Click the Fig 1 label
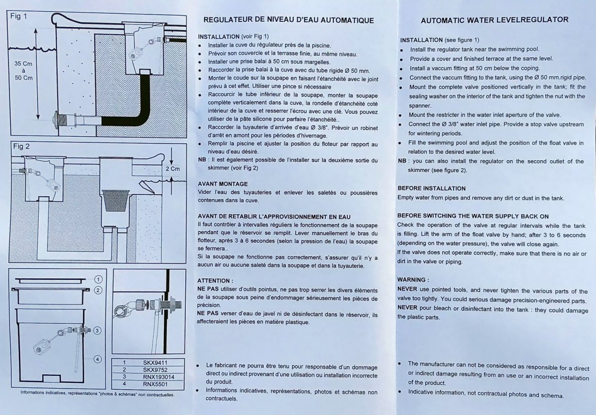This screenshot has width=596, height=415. coord(19,16)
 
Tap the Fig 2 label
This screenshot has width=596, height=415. coord(21,146)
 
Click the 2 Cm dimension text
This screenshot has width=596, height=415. coord(173,169)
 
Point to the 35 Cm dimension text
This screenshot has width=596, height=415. coord(23,64)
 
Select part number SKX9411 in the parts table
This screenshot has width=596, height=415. coord(155,363)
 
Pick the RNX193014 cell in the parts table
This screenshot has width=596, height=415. coord(158,377)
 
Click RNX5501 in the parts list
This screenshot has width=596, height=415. coord(155,384)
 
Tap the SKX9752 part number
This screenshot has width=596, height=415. coord(155,370)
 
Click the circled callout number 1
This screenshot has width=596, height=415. coord(98,279)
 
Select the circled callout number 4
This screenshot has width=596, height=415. coord(98,359)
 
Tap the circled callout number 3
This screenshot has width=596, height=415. coord(97,330)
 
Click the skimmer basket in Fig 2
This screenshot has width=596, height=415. coord(116,200)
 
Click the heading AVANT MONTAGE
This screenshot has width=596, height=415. coord(223,184)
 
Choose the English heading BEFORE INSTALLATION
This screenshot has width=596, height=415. coord(432,189)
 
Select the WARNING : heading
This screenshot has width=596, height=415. coord(413,280)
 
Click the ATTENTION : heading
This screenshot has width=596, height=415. coord(215,281)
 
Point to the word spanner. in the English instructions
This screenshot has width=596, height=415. coord(420,106)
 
